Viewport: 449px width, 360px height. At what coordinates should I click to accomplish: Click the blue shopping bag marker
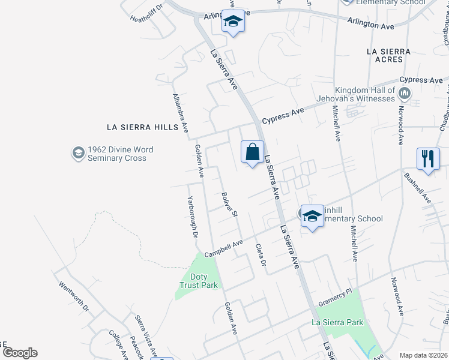pos(253,152)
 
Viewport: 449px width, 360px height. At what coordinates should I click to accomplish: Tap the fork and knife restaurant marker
pos(427,160)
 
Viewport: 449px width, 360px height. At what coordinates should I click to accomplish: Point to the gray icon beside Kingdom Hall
pos(405,93)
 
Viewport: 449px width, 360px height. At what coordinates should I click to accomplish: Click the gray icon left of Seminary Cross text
pos(77,154)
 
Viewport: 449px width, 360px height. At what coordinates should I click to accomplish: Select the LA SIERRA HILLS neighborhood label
pos(142,127)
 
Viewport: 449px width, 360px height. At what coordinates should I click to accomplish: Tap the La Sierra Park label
pos(338,322)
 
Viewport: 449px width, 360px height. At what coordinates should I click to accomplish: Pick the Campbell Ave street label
pos(223,248)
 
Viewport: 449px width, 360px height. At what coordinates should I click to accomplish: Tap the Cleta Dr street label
pos(260,255)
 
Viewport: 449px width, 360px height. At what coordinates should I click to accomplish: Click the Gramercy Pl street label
pos(334,300)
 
